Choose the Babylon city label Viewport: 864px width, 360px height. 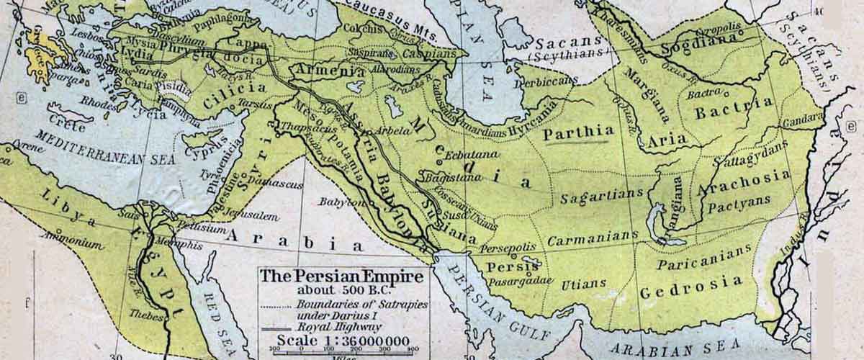pyautogui.click(x=341, y=202)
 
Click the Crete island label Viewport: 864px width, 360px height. pyautogui.click(x=69, y=126)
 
